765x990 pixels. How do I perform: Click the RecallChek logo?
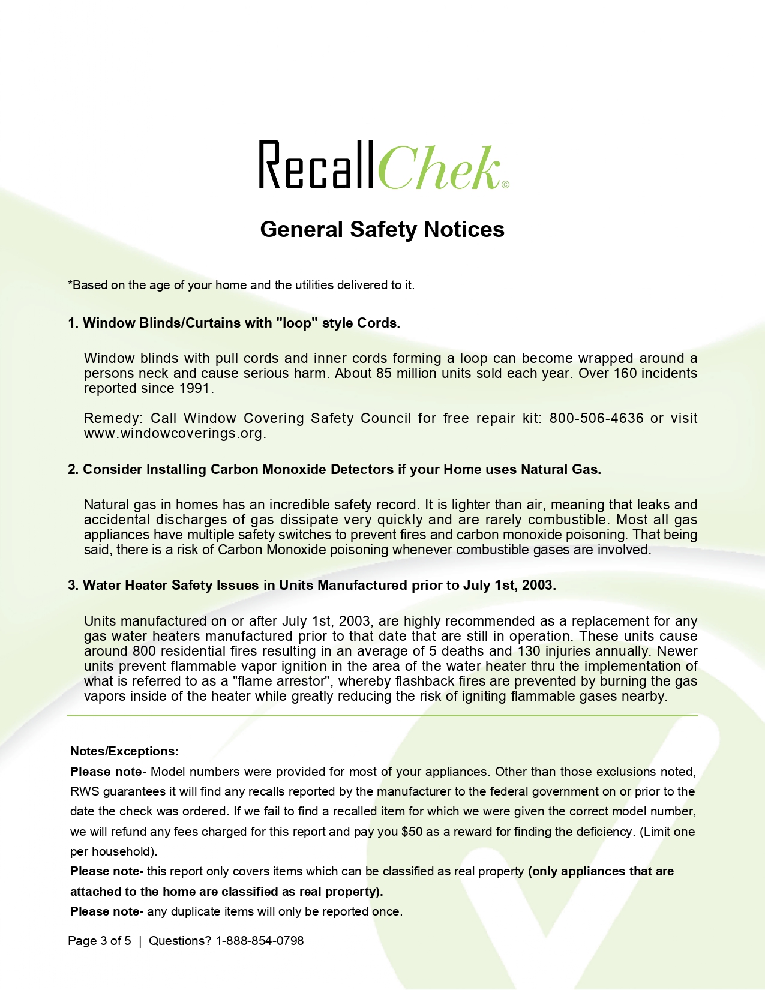click(x=383, y=165)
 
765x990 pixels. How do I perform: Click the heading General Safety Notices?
click(x=382, y=229)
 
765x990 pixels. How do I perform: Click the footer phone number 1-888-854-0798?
click(x=260, y=941)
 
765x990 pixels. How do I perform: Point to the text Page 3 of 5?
click(x=100, y=941)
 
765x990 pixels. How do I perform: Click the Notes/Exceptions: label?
click(x=124, y=751)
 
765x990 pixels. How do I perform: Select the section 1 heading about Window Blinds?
click(x=234, y=323)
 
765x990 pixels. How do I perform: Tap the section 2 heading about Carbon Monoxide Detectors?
click(x=334, y=469)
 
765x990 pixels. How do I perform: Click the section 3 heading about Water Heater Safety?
click(x=312, y=585)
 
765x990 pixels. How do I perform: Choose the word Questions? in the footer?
click(x=180, y=941)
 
